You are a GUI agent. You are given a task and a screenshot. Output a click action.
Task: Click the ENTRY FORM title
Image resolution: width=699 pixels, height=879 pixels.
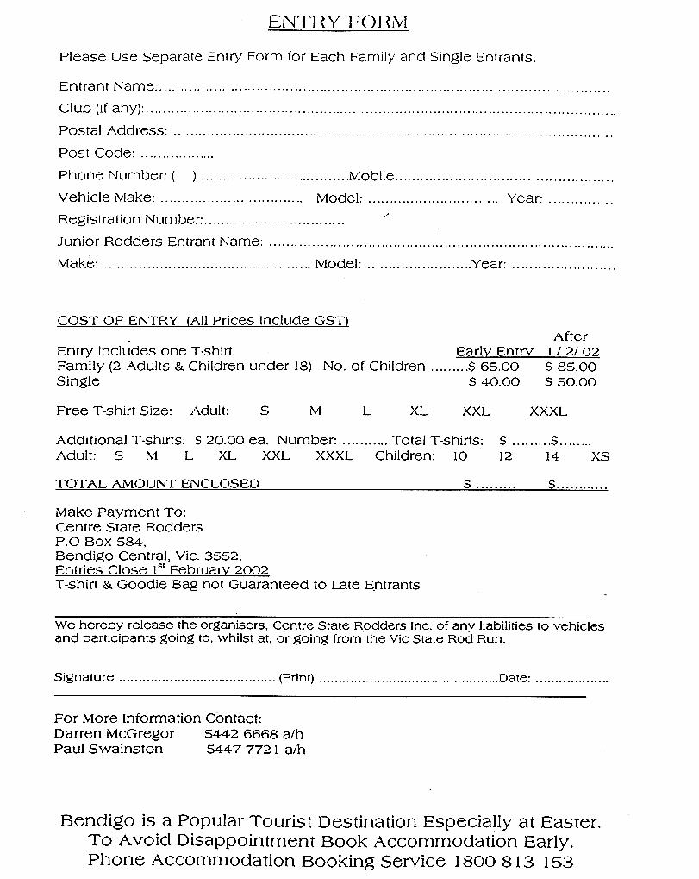pyautogui.click(x=337, y=22)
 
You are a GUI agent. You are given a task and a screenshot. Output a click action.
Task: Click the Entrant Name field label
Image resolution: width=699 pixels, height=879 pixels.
pyautogui.click(x=108, y=86)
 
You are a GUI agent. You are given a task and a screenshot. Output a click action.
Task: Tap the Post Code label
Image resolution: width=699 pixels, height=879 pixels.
pyautogui.click(x=97, y=153)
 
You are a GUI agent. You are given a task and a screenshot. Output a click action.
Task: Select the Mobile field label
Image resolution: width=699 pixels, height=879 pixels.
pyautogui.click(x=371, y=176)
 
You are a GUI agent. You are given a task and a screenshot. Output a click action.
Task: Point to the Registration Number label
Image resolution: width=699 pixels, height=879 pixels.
pyautogui.click(x=129, y=219)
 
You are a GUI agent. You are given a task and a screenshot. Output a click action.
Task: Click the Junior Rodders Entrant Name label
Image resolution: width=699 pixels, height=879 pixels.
pyautogui.click(x=159, y=242)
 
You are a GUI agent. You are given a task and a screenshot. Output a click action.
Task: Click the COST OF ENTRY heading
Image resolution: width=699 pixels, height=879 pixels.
pyautogui.click(x=116, y=321)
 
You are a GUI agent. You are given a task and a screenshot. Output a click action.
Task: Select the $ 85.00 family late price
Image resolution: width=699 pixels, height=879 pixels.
pyautogui.click(x=570, y=367)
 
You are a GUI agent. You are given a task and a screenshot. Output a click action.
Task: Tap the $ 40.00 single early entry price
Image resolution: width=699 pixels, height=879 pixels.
pyautogui.click(x=494, y=381)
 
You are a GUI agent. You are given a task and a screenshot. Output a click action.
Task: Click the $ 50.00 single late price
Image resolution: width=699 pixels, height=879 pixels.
pyautogui.click(x=570, y=381)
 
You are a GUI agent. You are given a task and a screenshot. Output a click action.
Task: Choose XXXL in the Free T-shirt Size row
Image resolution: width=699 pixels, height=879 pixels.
pyautogui.click(x=548, y=411)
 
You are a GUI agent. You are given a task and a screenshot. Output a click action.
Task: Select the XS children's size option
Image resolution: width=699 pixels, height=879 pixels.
pyautogui.click(x=600, y=455)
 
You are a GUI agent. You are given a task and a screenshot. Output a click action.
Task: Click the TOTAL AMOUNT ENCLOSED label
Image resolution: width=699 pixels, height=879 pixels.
pyautogui.click(x=157, y=484)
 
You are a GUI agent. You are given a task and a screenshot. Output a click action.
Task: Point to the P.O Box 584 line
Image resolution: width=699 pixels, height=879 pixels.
pyautogui.click(x=100, y=542)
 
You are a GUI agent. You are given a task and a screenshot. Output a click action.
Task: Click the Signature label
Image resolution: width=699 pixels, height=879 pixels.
pyautogui.click(x=84, y=677)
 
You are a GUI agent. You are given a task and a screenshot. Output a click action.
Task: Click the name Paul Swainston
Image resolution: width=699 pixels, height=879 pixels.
pyautogui.click(x=108, y=749)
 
